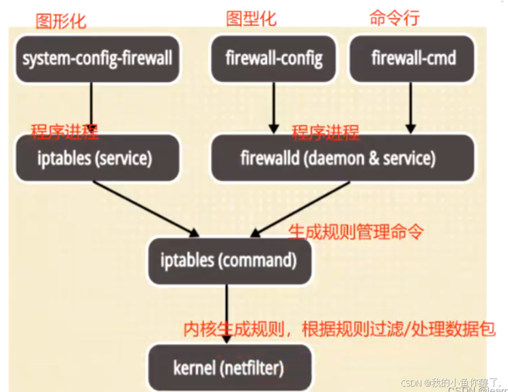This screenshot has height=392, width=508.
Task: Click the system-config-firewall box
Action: pos(97,58)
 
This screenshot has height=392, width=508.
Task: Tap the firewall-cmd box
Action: pos(413,58)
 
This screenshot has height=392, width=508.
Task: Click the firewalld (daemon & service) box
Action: pos(337,158)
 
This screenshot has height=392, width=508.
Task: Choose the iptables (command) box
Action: pos(227,260)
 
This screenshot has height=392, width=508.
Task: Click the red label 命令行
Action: pos(394,18)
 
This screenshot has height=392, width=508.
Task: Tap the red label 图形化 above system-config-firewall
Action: pos(61,20)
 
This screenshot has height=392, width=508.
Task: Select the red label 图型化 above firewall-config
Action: pos(251,18)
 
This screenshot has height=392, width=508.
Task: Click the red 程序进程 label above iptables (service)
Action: pos(65,131)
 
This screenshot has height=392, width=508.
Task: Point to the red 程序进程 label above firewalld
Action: pos(326,132)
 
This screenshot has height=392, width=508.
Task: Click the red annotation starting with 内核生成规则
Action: pos(339,328)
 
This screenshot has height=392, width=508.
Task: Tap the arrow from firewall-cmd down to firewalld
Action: pos(410,106)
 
